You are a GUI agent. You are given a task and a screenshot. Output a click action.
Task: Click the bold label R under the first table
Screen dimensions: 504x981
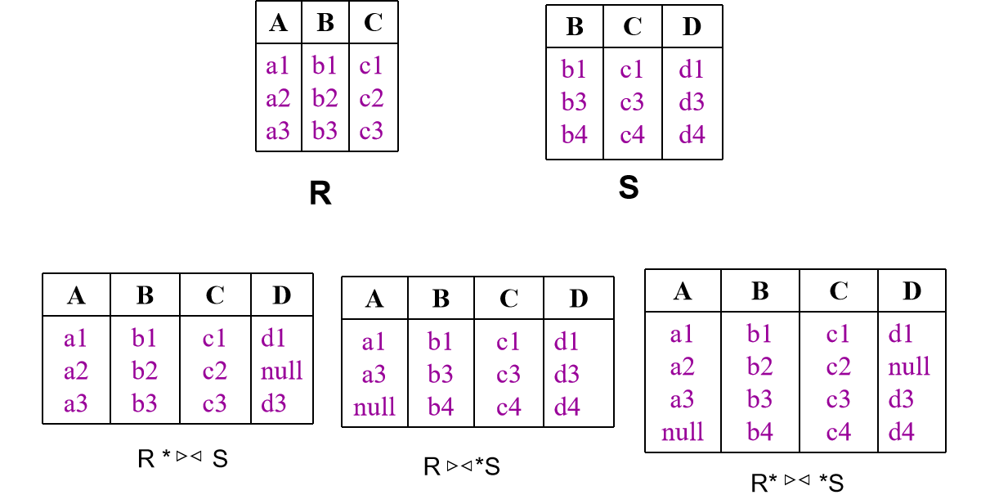click(x=320, y=194)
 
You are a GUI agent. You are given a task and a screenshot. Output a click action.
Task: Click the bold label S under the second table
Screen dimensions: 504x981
click(x=629, y=188)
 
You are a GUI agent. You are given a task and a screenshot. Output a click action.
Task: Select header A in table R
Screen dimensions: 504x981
click(x=278, y=23)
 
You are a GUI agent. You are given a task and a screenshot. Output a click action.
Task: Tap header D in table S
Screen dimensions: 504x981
click(x=692, y=27)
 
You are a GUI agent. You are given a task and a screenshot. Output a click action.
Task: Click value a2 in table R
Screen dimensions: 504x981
click(x=278, y=99)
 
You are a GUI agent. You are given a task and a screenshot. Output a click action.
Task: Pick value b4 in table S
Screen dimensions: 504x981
click(x=574, y=134)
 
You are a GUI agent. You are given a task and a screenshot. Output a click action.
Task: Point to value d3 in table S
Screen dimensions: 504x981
click(x=692, y=102)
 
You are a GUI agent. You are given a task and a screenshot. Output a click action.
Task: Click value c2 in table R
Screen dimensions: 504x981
click(x=371, y=99)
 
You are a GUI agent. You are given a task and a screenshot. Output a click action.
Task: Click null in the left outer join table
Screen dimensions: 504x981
click(x=282, y=371)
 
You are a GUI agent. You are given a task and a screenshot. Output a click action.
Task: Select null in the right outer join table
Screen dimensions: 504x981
click(x=374, y=407)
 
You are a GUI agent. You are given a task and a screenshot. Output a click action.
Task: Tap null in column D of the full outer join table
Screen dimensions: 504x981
click(x=909, y=366)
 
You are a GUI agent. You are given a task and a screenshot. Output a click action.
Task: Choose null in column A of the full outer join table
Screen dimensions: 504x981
click(x=683, y=431)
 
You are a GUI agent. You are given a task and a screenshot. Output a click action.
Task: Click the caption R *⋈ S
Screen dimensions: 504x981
click(x=182, y=459)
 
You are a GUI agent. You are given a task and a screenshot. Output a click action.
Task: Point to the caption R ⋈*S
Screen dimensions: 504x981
click(x=462, y=467)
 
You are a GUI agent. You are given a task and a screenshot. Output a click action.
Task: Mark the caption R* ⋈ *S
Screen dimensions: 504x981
click(x=797, y=482)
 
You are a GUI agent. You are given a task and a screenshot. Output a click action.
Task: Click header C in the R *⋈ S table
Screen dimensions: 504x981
click(x=215, y=295)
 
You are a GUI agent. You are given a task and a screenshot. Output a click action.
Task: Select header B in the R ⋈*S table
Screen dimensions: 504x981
click(x=441, y=299)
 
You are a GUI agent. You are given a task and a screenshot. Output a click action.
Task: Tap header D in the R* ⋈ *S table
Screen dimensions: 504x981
click(x=912, y=290)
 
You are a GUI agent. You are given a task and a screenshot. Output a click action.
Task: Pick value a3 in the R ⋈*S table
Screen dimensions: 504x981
click(x=374, y=374)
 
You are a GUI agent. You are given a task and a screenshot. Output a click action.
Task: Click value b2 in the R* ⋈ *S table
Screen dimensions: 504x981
click(x=759, y=366)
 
